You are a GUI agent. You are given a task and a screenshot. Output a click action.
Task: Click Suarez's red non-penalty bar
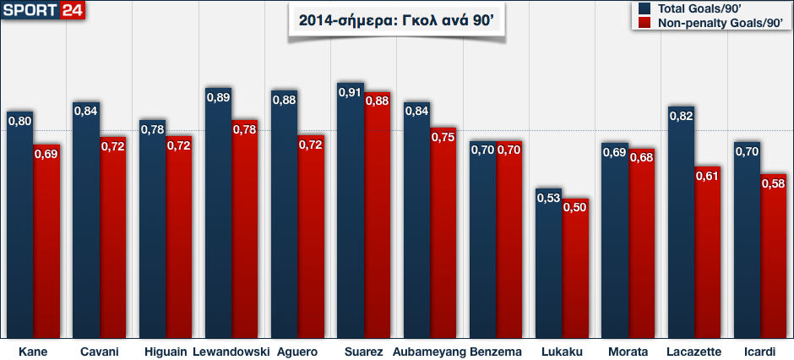378,220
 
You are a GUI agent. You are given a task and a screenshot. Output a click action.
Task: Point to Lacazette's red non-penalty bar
708,254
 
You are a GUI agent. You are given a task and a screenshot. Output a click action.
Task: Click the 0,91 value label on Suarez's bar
351,91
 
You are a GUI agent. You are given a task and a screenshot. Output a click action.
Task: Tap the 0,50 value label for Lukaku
575,208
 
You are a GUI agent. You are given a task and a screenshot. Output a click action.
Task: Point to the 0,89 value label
219,96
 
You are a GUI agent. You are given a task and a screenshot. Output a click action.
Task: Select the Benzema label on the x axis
496,352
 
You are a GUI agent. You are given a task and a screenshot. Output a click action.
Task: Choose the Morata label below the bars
628,352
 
